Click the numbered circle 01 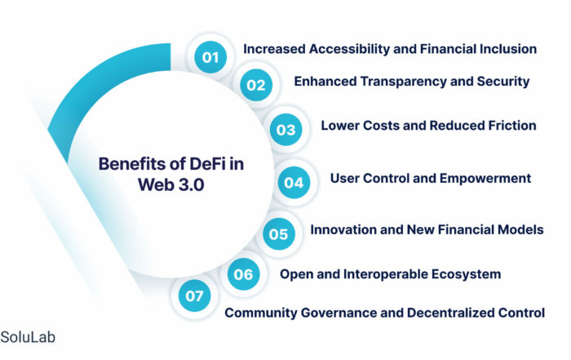click(210, 57)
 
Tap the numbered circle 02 click(256, 85)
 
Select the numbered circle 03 click(285, 130)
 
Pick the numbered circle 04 click(294, 183)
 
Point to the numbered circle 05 click(279, 234)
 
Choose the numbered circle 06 click(244, 274)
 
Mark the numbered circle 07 click(194, 296)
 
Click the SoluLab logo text click(28, 337)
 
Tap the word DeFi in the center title click(206, 164)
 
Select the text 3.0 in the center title click(188, 184)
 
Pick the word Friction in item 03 click(512, 126)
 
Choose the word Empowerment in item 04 click(485, 179)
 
